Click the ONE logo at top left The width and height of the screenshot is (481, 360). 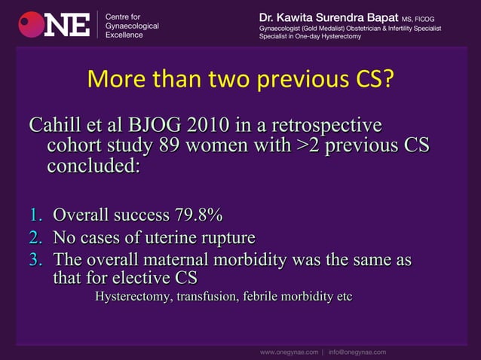point(55,24)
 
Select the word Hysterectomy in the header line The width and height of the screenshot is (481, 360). point(339,36)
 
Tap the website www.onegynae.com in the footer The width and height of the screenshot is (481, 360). point(289,351)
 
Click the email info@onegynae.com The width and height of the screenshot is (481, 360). point(357,351)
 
